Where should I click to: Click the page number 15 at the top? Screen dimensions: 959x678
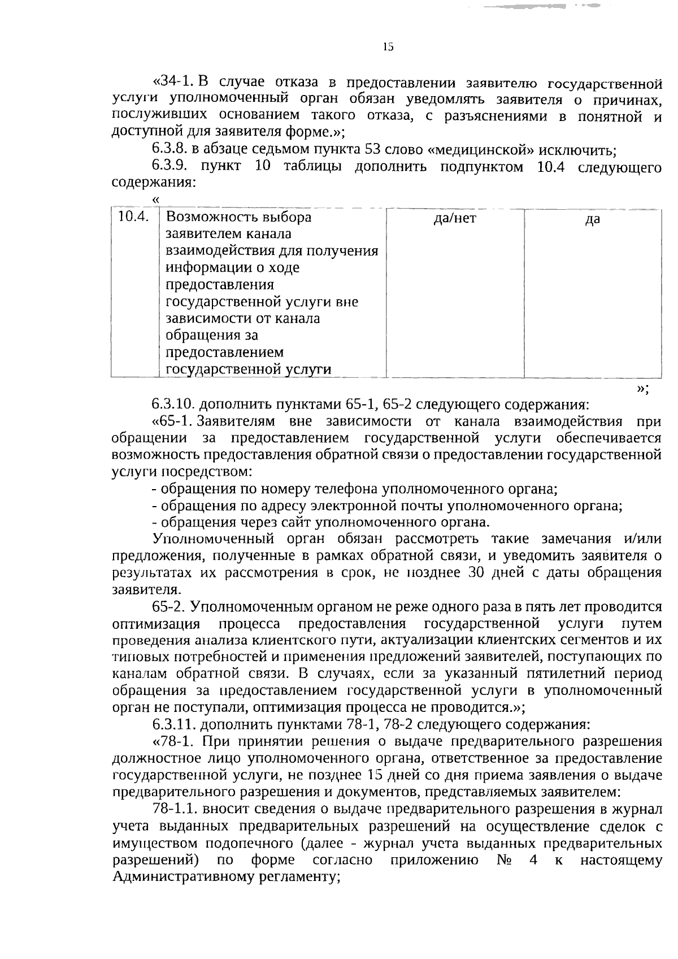coord(388,47)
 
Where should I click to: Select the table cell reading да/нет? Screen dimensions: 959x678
coord(455,218)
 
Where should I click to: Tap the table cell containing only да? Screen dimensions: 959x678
coord(592,220)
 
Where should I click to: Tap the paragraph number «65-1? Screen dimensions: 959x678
coord(173,422)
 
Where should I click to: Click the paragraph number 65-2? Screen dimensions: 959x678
coord(169,607)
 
